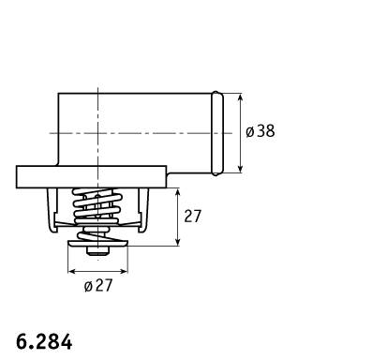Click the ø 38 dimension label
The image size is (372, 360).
click(260, 131)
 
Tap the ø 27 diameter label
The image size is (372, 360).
click(98, 285)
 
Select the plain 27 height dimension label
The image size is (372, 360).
click(192, 217)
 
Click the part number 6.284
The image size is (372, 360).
click(44, 341)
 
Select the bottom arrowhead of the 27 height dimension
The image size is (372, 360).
click(178, 242)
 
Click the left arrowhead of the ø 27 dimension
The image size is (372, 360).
click(72, 271)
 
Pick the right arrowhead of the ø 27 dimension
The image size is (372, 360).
click(124, 271)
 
